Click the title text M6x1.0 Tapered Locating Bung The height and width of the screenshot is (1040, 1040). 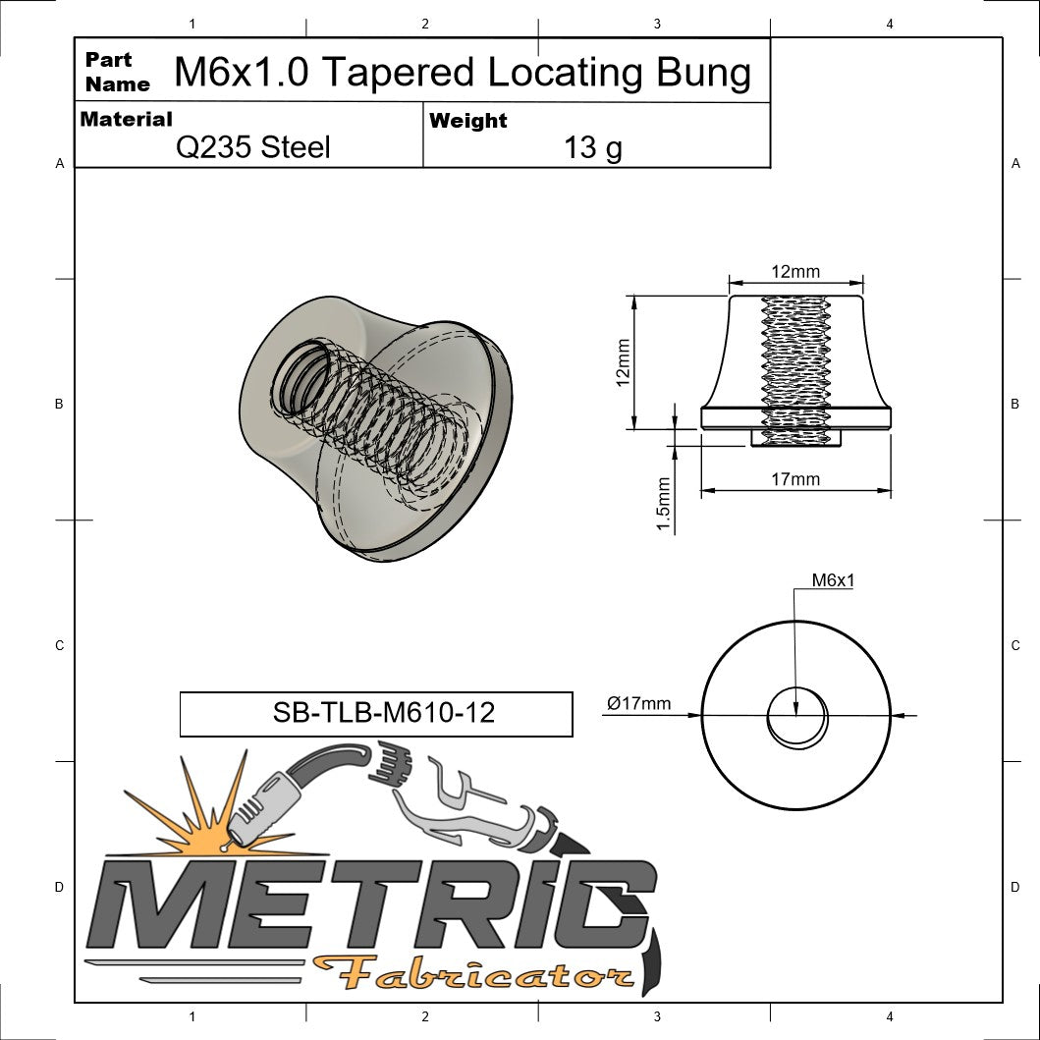[462, 73]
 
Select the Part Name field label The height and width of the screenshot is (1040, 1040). [117, 72]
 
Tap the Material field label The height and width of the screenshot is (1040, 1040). [126, 119]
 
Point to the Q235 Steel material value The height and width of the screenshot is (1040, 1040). [252, 148]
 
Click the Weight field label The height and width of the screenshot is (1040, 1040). [468, 121]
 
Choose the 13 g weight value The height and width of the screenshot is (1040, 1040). [593, 148]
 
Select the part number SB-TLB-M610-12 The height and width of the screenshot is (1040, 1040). [383, 713]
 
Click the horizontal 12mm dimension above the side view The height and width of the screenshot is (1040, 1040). [794, 272]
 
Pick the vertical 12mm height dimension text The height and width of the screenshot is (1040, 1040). [622, 362]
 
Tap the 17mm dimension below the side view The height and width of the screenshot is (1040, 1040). [794, 479]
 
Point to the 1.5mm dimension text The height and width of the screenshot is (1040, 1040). [664, 505]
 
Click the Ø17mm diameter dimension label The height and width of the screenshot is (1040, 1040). [638, 703]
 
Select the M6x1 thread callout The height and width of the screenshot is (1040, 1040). [833, 580]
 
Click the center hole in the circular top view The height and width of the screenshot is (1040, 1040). [796, 716]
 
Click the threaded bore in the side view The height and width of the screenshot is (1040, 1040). [795, 368]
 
